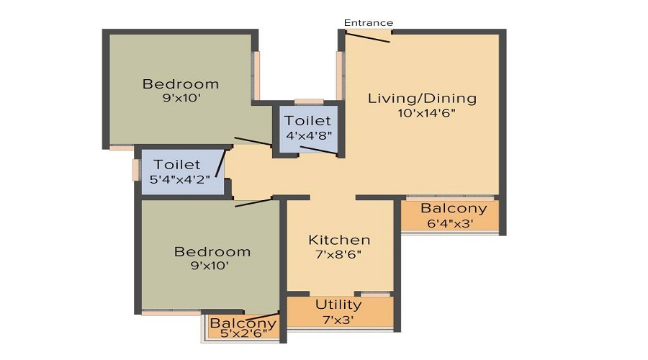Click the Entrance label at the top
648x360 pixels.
(368, 23)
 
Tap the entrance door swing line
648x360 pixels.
(368, 37)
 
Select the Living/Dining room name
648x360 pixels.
(422, 99)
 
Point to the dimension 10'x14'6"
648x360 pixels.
(426, 113)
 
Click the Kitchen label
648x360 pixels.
(339, 240)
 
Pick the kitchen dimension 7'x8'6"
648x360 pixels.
(338, 254)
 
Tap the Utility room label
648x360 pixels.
(338, 305)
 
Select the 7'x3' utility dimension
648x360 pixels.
(338, 320)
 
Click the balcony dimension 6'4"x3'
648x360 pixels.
(450, 223)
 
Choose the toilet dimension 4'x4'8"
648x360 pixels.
(309, 135)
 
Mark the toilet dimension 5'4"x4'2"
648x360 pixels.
(180, 179)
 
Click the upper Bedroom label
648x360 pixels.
(181, 84)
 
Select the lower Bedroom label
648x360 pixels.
(212, 252)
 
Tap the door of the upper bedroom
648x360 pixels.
(253, 141)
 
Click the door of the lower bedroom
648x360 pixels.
(253, 202)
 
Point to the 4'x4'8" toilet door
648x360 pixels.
(319, 150)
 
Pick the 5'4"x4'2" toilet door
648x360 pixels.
(220, 163)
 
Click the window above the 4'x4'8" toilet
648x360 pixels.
(309, 102)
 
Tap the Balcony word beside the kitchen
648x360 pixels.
(454, 209)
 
